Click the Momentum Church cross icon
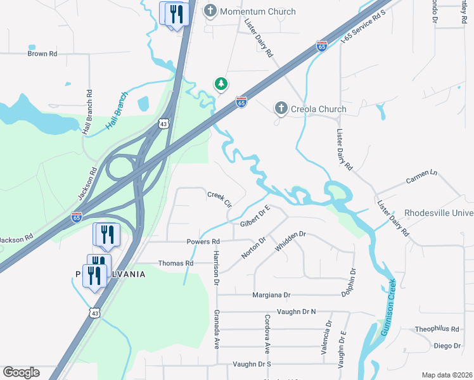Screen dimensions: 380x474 (x=210, y=11)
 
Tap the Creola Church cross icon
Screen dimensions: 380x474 (x=281, y=109)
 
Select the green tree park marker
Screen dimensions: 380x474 (x=221, y=84)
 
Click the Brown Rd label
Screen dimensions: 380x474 (x=42, y=54)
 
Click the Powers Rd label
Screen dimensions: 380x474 (x=203, y=242)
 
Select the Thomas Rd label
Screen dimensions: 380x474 (x=176, y=263)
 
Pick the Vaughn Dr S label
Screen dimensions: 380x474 (x=252, y=364)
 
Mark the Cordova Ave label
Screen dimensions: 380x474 (x=267, y=333)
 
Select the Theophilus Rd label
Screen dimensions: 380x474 (x=437, y=329)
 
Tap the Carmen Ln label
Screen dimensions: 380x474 (x=421, y=177)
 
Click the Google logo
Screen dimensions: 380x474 (x=21, y=372)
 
